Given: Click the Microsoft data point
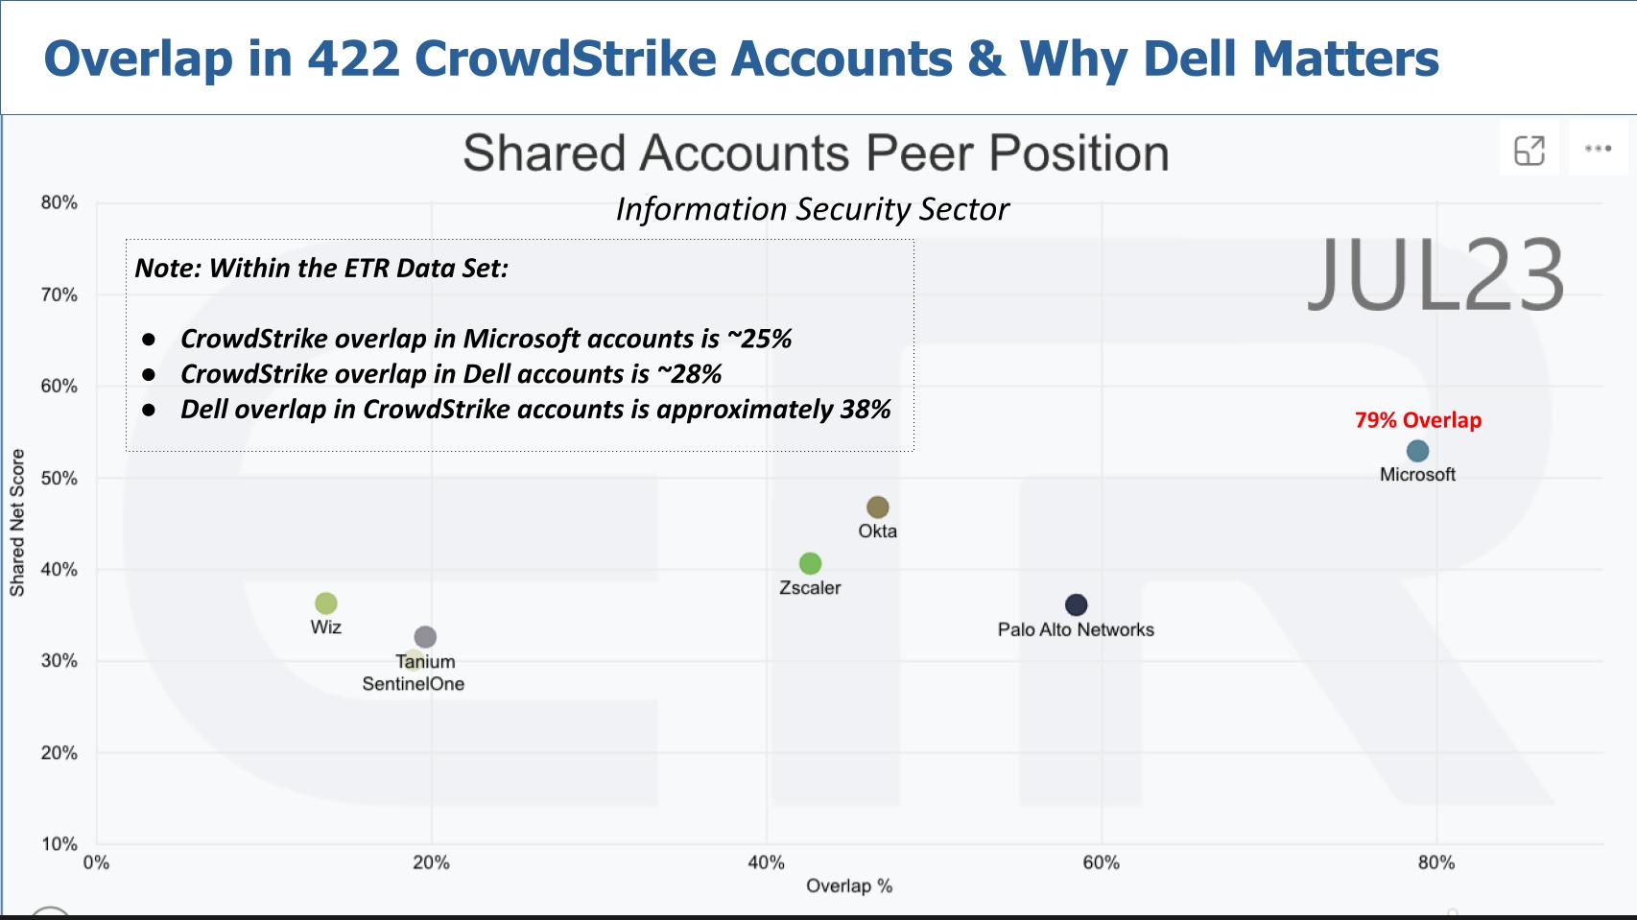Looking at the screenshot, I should point(1417,451).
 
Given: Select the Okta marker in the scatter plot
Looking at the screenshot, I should point(877,507).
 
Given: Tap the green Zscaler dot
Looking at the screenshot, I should point(810,563).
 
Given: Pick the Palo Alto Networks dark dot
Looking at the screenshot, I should point(1076,605).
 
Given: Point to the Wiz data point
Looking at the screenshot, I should point(326,603).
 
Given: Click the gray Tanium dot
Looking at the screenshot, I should point(425,637).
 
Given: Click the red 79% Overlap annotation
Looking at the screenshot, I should point(1417,420).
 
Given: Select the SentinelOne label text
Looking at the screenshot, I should point(413,684).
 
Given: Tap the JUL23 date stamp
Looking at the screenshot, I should point(1435,276).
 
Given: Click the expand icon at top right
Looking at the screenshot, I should point(1529,150).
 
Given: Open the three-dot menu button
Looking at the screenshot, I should point(1598,149).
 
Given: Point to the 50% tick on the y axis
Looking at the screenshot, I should point(59,478).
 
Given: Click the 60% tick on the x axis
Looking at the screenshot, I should point(1101,862).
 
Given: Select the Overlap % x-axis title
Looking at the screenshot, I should point(848,885).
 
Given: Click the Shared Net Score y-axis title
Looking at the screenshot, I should point(17,523).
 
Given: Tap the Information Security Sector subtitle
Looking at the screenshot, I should point(812,209).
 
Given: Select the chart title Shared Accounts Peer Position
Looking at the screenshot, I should point(816,153).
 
